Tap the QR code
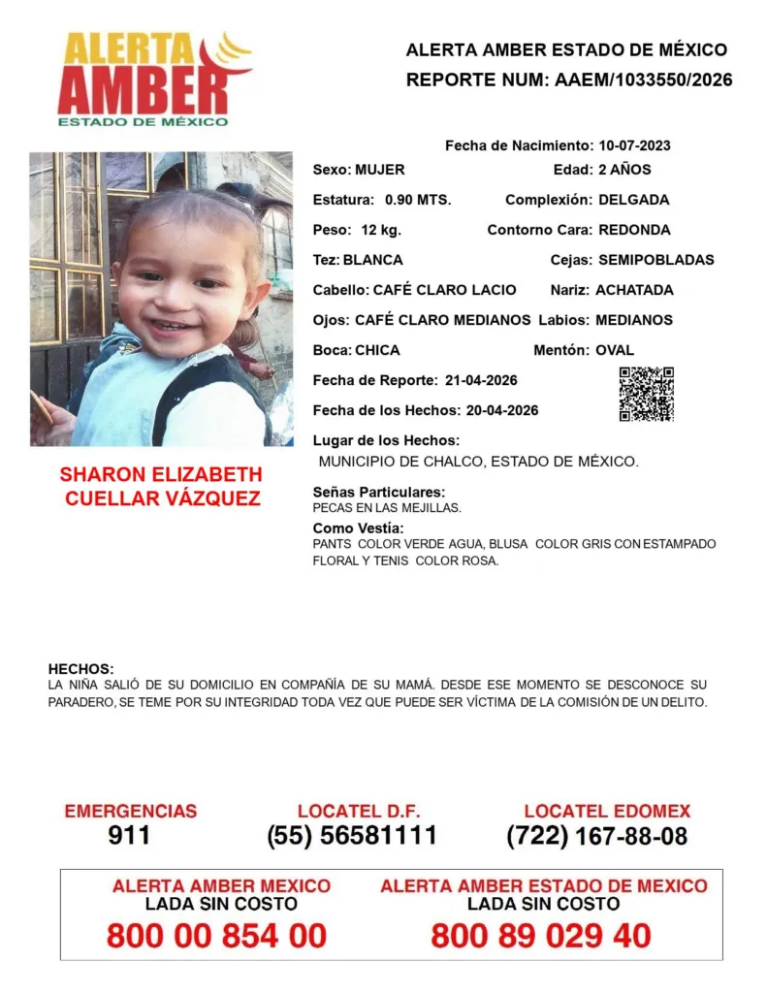click(x=646, y=394)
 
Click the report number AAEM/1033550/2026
click(x=643, y=80)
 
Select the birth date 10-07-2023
click(x=634, y=145)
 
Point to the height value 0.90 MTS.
click(x=418, y=200)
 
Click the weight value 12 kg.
click(x=381, y=230)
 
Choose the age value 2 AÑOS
click(x=624, y=170)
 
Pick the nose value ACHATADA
click(x=634, y=290)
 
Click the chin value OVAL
click(x=616, y=350)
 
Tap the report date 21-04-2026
click(x=481, y=379)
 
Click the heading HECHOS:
click(x=80, y=669)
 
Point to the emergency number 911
click(x=129, y=836)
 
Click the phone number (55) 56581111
click(x=352, y=836)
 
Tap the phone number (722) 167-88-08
click(x=596, y=836)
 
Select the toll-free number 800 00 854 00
click(x=216, y=937)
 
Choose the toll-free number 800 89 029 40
click(x=541, y=937)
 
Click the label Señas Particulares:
click(x=379, y=492)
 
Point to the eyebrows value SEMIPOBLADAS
click(x=655, y=260)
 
